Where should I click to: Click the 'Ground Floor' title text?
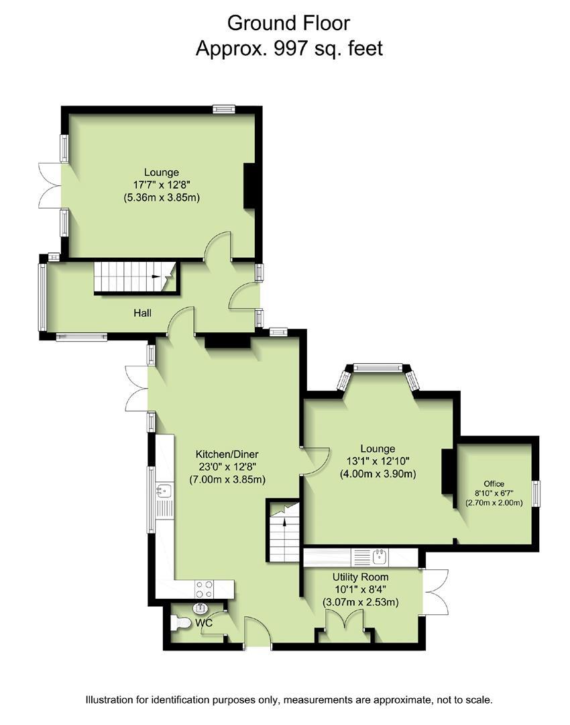pyautogui.click(x=288, y=23)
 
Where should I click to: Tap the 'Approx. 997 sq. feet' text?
pyautogui.click(x=289, y=48)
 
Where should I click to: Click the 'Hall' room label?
pyautogui.click(x=142, y=313)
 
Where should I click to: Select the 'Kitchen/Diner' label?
pyautogui.click(x=227, y=454)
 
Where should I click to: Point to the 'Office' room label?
pyautogui.click(x=494, y=483)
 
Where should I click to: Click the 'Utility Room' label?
pyautogui.click(x=360, y=577)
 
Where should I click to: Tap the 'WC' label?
pyautogui.click(x=204, y=623)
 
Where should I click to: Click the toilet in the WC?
pyautogui.click(x=180, y=623)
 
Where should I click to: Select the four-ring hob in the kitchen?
pyautogui.click(x=204, y=589)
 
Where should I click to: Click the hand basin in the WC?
pyautogui.click(x=200, y=607)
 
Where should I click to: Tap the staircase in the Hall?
pyautogui.click(x=135, y=278)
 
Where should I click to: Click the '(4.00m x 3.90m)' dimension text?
pyautogui.click(x=378, y=473)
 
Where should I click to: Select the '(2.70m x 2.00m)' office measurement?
pyautogui.click(x=494, y=503)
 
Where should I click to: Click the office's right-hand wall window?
pyautogui.click(x=536, y=493)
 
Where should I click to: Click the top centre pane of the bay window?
pyautogui.click(x=378, y=368)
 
